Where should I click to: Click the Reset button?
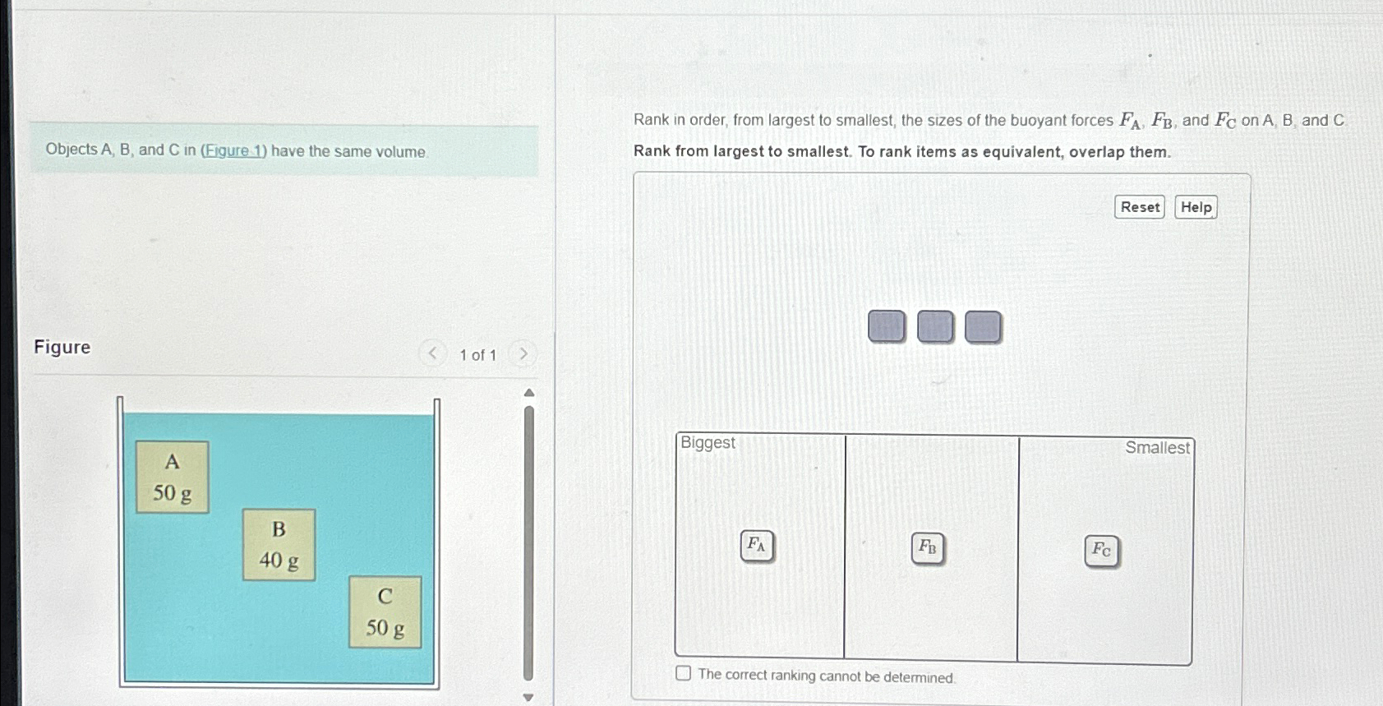click(x=1139, y=207)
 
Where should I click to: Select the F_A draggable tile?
click(x=756, y=545)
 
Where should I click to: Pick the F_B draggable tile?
click(x=927, y=547)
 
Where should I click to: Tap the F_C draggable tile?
click(x=1101, y=551)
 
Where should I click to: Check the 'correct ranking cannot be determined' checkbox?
click(x=683, y=673)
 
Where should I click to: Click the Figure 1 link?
click(x=233, y=150)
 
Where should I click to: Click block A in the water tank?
click(x=172, y=477)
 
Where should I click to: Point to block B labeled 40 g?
click(x=279, y=544)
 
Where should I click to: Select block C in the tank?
click(x=385, y=611)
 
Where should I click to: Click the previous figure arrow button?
click(x=432, y=353)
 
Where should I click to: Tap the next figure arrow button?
click(x=523, y=354)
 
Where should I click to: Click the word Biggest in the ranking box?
click(x=708, y=443)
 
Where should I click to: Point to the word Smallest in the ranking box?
click(x=1156, y=448)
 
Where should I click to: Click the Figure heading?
click(x=62, y=347)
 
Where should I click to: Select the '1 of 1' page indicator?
click(x=477, y=355)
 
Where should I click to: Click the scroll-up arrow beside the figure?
click(x=529, y=393)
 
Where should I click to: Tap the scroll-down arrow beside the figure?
click(x=528, y=697)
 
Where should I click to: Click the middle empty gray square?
click(x=934, y=326)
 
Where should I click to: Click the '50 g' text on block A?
click(x=172, y=493)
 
